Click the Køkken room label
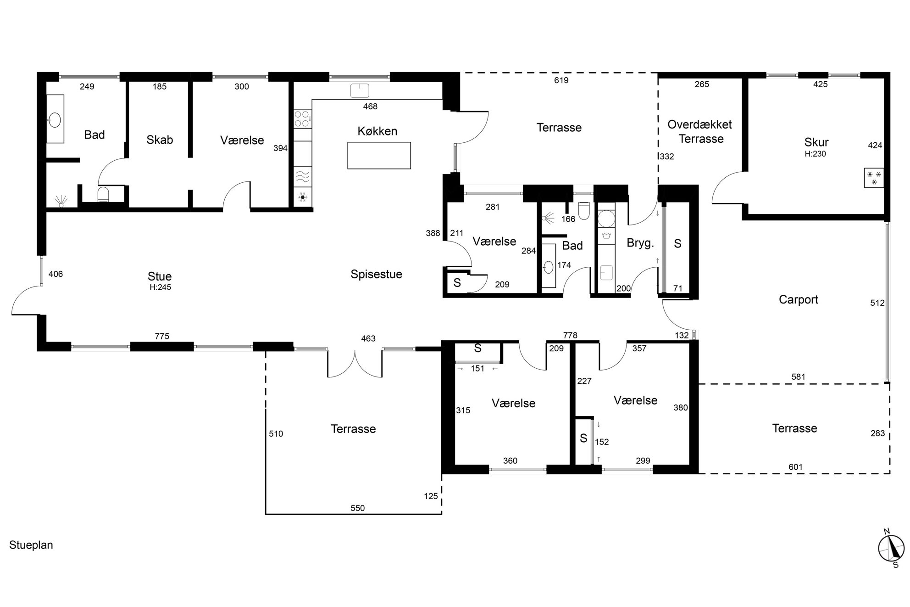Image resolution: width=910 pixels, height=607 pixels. [377, 131]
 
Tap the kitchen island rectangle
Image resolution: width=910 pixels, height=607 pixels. [379, 156]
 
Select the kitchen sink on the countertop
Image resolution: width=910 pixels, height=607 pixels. [360, 90]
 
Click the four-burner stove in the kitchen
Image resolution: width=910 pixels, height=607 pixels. [302, 118]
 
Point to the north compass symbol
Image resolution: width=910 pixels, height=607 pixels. [891, 548]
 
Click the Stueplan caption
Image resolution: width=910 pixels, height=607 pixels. [31, 545]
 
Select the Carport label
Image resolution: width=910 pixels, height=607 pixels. [799, 300]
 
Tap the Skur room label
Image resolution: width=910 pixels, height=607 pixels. [816, 142]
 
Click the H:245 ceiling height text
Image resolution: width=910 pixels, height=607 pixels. [160, 287]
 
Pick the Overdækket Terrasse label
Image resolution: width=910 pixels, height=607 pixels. [700, 131]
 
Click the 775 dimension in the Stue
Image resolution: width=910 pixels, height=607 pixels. [162, 336]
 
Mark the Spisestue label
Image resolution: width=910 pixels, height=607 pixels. [376, 274]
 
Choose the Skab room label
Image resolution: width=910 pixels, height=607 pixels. [160, 140]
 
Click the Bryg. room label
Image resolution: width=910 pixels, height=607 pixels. [640, 243]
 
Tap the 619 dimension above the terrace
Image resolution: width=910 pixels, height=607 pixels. [561, 80]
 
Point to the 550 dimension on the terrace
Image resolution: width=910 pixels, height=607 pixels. [357, 508]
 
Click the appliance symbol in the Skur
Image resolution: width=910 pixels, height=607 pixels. [874, 178]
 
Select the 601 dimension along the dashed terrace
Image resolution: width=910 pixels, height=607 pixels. [796, 467]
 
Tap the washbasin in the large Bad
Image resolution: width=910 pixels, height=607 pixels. [55, 120]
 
